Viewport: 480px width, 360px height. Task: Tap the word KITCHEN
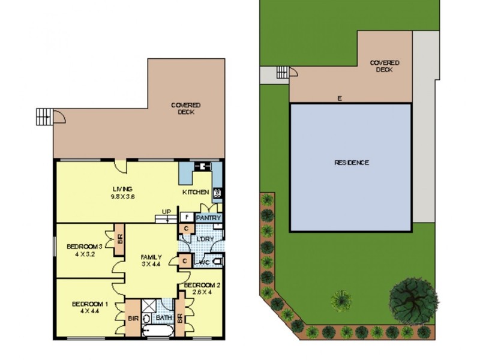click(196, 192)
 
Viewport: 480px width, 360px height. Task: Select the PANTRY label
click(209, 218)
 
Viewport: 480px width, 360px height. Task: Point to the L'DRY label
click(206, 239)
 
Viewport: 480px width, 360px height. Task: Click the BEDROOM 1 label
click(89, 304)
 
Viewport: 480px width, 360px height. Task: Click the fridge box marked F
click(187, 217)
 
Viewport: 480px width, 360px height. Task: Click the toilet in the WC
click(217, 261)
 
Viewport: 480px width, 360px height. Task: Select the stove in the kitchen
click(217, 193)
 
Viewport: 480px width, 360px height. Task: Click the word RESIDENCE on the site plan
click(351, 163)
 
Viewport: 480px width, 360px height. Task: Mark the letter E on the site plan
click(339, 98)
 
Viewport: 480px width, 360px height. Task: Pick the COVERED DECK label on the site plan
click(384, 65)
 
